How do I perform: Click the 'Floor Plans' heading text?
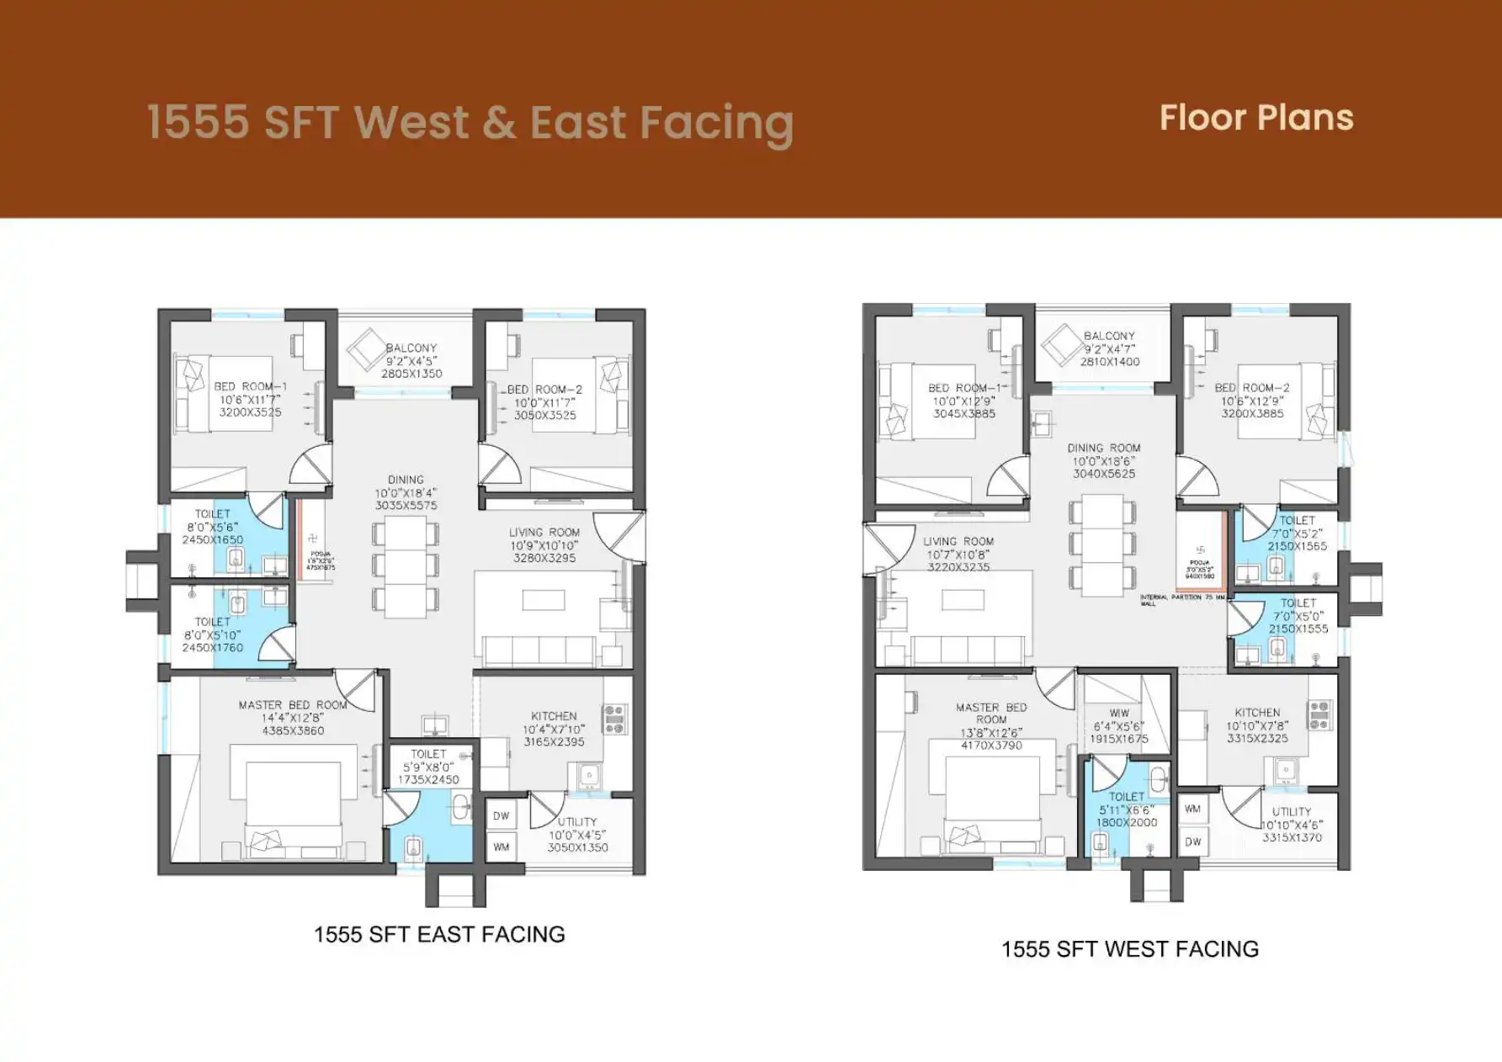coord(1255,118)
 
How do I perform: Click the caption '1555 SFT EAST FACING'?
coord(439,934)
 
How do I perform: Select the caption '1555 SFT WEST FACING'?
coord(1129,949)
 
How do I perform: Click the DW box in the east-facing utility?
coord(502,815)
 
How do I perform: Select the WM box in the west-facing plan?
coord(1192,809)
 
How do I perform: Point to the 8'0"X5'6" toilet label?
coord(212,527)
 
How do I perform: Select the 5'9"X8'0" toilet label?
coord(428,767)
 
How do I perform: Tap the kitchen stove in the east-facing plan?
coord(615,717)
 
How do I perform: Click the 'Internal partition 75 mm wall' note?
coord(1182,599)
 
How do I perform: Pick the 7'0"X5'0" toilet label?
coord(1298,615)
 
